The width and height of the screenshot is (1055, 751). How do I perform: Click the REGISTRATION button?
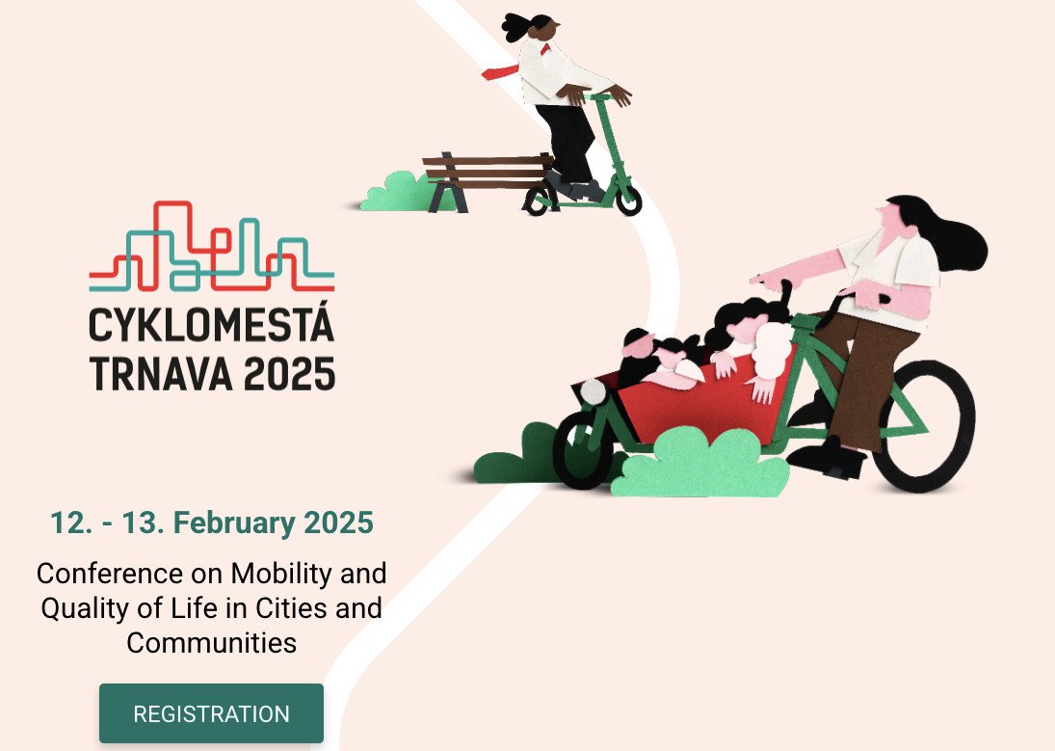211,713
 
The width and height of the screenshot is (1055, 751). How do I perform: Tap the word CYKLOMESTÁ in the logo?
212,326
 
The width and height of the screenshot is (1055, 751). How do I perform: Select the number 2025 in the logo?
288,373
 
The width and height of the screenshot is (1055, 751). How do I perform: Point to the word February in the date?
234,523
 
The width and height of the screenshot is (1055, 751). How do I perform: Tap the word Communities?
211,643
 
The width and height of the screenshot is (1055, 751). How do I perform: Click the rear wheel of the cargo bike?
924,427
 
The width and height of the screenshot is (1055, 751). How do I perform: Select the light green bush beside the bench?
395,193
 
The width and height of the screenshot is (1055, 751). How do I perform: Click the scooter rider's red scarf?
500,71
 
